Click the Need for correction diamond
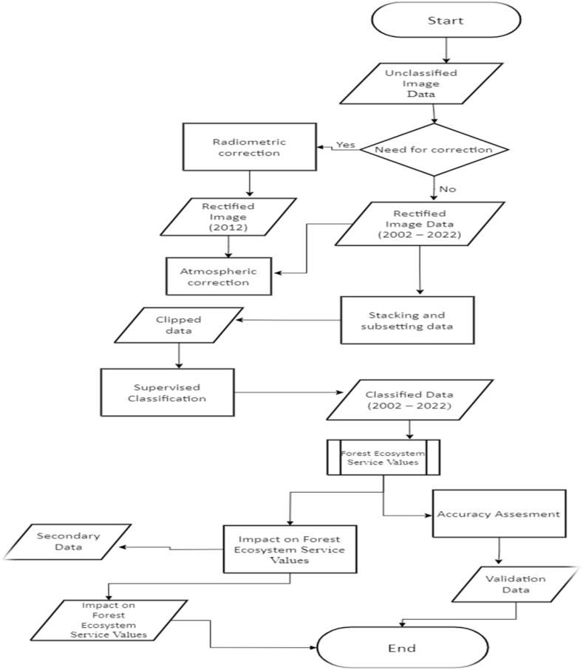pos(434,149)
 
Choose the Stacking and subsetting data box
pos(406,319)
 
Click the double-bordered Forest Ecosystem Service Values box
pos(383,456)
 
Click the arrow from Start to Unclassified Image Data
pos(446,50)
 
